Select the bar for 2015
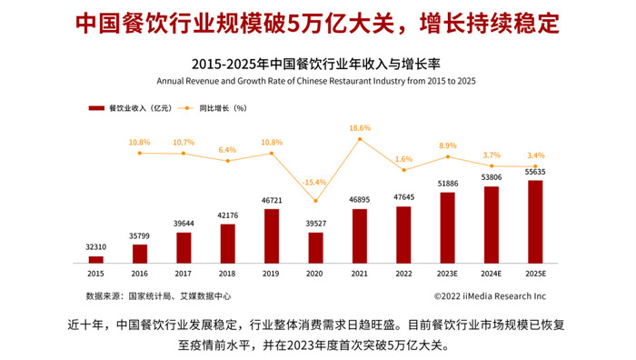click(x=95, y=260)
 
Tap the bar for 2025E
click(x=535, y=222)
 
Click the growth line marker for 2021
click(x=360, y=139)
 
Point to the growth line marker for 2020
click(x=315, y=201)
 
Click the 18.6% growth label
click(x=360, y=128)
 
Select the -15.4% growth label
click(x=315, y=182)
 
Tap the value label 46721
click(x=272, y=200)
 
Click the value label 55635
click(x=535, y=172)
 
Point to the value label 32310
click(x=95, y=247)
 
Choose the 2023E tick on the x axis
click(x=447, y=273)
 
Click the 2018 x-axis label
click(x=227, y=273)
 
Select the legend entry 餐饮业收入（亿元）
click(x=126, y=108)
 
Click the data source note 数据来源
click(x=158, y=295)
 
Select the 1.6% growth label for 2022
click(x=403, y=159)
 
